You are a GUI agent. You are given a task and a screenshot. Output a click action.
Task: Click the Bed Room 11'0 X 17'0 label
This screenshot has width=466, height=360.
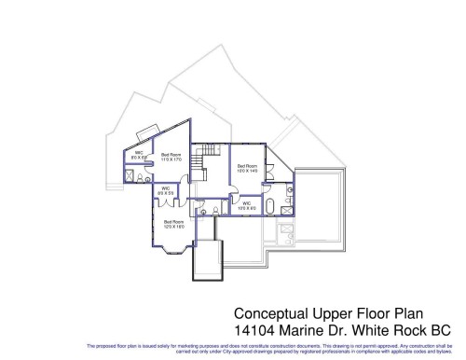(171, 157)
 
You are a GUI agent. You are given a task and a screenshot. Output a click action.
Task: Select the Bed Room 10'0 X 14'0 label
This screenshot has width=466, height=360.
(247, 169)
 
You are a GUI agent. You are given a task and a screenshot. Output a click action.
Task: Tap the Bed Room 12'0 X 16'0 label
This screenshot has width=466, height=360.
(173, 224)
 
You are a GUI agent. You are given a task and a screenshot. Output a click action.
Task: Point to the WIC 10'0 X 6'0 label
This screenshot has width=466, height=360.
(246, 206)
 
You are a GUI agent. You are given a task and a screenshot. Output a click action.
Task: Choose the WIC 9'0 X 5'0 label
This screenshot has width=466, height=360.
(166, 190)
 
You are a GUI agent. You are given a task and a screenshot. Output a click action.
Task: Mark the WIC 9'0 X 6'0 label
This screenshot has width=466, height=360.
(138, 156)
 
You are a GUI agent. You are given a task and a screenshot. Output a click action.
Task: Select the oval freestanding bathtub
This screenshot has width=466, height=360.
(269, 207)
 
